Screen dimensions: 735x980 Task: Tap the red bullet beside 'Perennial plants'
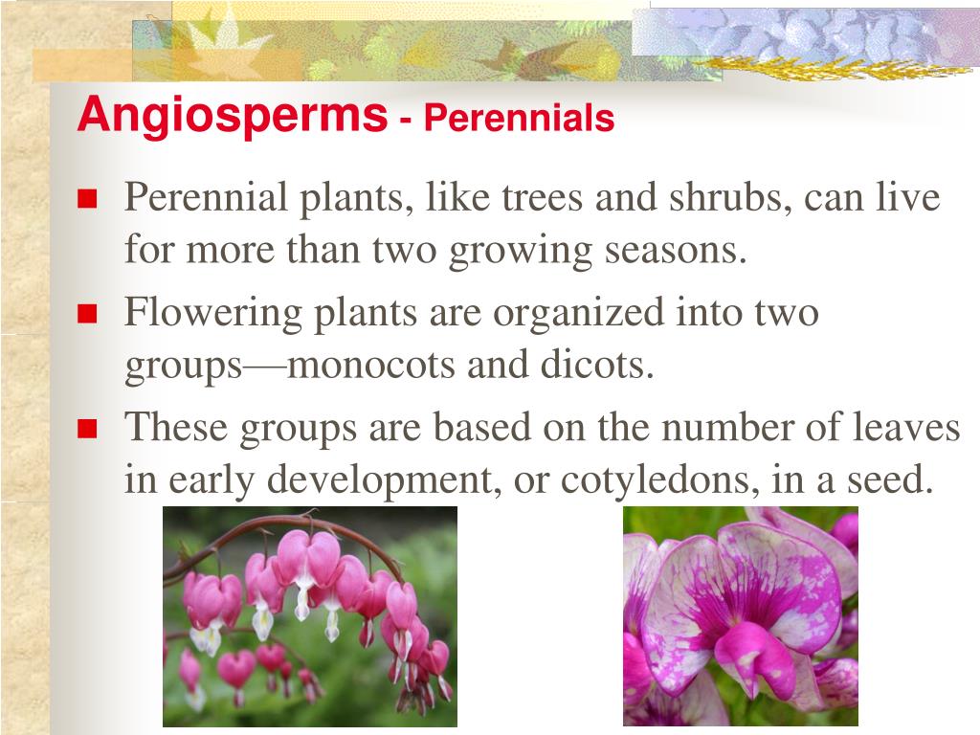click(88, 199)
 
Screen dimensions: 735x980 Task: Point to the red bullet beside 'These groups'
click(88, 428)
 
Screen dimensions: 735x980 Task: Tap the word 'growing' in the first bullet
click(511, 252)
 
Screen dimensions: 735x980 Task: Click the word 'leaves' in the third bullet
click(904, 428)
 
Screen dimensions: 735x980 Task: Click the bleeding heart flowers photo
click(309, 616)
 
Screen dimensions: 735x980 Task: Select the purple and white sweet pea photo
click(740, 616)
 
